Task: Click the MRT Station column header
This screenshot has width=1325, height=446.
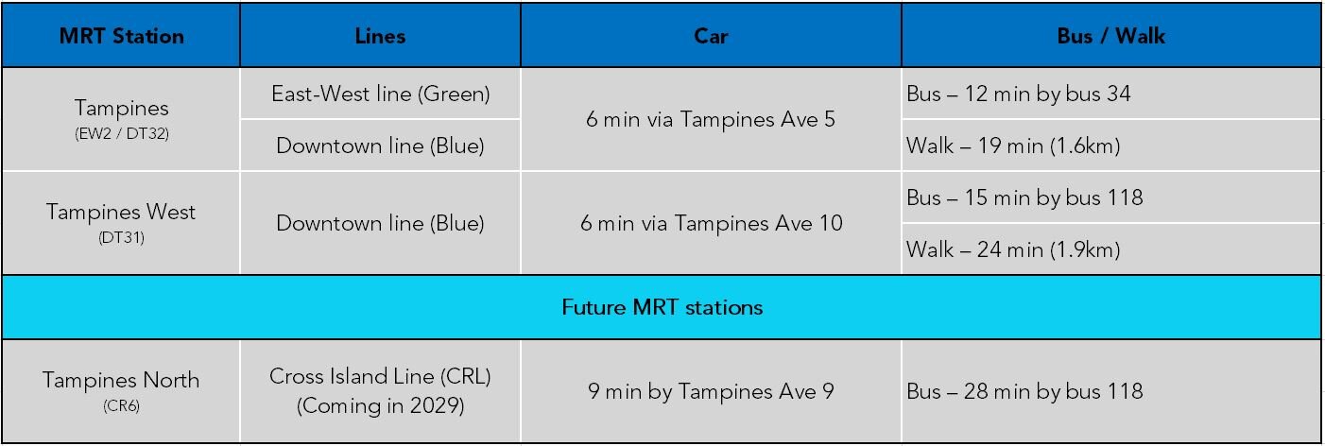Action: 121,37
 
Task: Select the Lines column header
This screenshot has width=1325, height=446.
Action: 380,37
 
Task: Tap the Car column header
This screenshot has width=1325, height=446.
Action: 711,37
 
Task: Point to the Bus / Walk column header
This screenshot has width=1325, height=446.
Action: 1110,37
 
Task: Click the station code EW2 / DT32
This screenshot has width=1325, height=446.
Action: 121,134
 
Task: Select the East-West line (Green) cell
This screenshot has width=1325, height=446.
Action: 380,94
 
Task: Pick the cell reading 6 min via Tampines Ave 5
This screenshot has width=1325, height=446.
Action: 711,120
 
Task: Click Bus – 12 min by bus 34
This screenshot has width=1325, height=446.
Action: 1018,94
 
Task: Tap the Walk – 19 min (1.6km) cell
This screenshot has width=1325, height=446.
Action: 1012,146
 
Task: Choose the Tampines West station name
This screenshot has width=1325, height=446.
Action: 121,212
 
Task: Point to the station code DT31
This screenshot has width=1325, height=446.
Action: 121,237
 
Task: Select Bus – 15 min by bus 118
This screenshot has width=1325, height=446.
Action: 1024,197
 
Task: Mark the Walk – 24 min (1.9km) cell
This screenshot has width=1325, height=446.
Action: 1012,249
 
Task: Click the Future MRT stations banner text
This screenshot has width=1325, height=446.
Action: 662,307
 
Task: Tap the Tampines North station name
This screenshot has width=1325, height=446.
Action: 121,380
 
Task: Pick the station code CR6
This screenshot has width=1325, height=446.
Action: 121,406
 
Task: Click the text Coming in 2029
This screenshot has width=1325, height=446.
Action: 380,406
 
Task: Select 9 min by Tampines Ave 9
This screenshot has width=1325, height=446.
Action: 711,391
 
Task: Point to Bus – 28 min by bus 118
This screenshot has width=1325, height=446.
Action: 1024,391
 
